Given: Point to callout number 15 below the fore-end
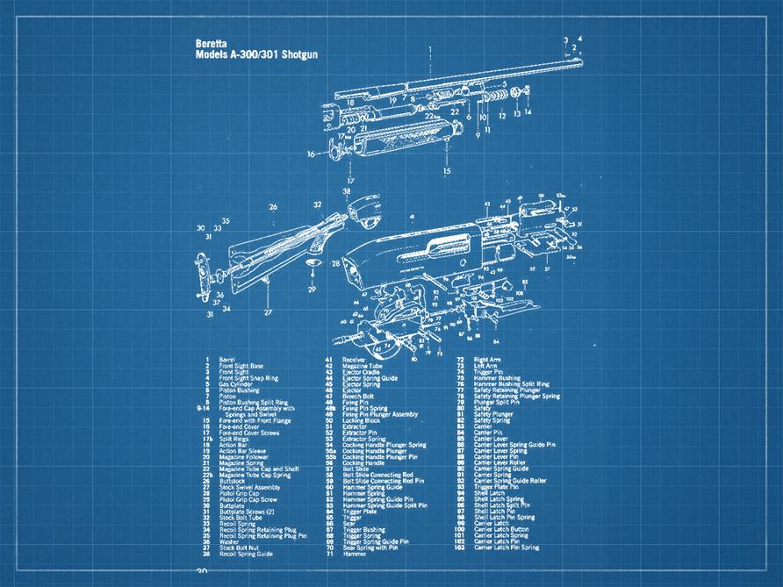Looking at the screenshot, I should (x=447, y=172).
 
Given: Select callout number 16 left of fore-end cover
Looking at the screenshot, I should (x=310, y=154).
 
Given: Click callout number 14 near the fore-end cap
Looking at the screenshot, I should (x=528, y=112).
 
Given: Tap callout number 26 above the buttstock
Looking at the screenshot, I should (x=273, y=208).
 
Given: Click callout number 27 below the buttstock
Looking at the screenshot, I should (x=268, y=311).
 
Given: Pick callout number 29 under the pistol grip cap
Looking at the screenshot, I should (x=311, y=288).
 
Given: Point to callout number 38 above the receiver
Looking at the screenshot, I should (x=347, y=190).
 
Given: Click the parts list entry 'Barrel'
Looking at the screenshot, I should (x=228, y=360).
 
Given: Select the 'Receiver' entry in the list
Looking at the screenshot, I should (x=354, y=360).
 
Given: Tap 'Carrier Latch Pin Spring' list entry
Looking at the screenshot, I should (x=508, y=548).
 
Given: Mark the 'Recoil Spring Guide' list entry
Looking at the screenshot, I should (x=245, y=555).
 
